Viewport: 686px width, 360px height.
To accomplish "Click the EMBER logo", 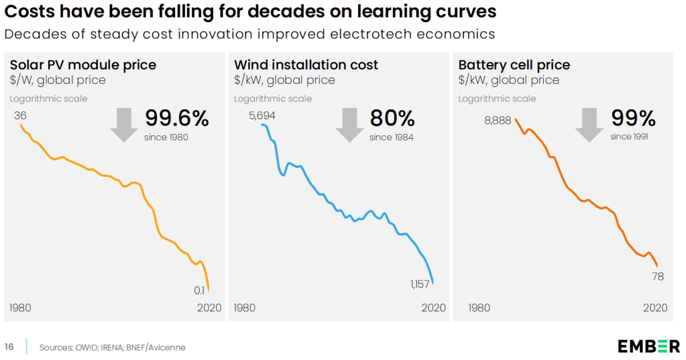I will click(648, 346).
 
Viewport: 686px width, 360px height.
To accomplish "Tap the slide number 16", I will click(9, 347).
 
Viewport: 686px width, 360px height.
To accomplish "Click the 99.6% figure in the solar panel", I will click(177, 119).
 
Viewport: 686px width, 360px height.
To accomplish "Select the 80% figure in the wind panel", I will click(392, 119).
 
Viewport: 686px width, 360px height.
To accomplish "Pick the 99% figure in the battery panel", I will click(633, 119).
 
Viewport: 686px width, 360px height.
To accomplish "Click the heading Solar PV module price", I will click(82, 65).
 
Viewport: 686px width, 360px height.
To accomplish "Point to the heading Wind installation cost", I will click(306, 65).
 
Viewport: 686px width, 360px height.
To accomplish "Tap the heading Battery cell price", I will click(514, 65).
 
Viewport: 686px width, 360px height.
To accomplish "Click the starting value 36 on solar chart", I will click(19, 115).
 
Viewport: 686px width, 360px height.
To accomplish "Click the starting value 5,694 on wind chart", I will click(262, 115).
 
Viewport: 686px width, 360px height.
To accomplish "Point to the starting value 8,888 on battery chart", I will click(497, 121).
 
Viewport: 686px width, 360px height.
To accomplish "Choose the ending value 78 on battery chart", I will click(658, 276).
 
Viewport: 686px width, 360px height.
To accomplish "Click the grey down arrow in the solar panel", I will click(124, 125).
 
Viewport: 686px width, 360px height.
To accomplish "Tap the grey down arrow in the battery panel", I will click(589, 125).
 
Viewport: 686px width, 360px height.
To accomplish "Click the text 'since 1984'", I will click(391, 137).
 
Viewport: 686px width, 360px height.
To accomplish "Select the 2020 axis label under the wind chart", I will click(433, 308).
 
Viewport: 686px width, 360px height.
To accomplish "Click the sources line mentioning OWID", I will click(112, 347).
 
